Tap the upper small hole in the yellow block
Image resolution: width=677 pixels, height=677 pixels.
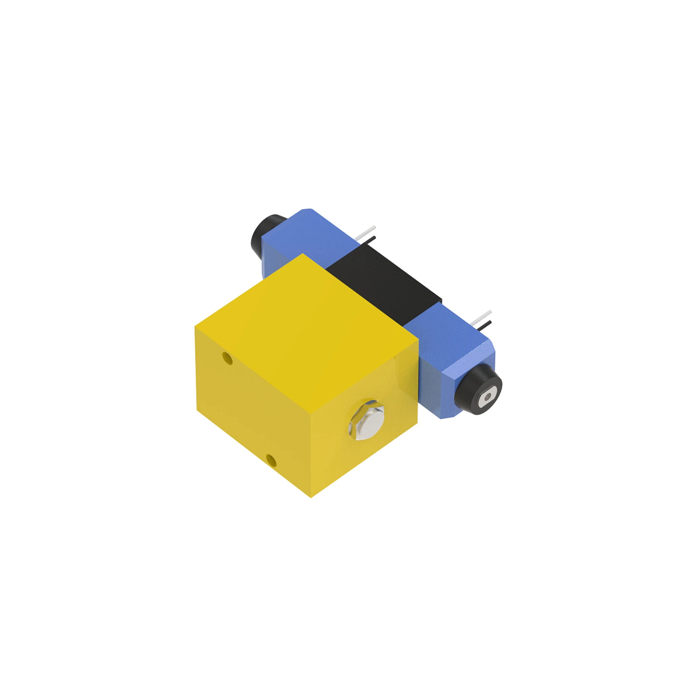(x=227, y=358)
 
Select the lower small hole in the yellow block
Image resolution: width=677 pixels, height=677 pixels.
(x=271, y=460)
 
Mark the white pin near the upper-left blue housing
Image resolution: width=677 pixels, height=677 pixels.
(x=365, y=231)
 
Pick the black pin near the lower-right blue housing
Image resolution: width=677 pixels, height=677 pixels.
(x=484, y=324)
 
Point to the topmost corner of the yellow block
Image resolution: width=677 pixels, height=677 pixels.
(x=304, y=254)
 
